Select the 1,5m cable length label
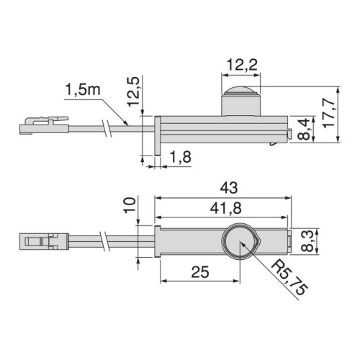78,91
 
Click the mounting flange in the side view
156,134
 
